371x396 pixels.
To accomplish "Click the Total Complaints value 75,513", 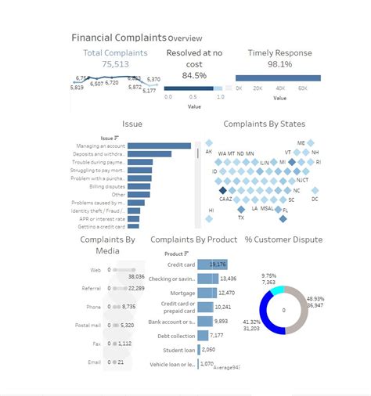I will [114, 65].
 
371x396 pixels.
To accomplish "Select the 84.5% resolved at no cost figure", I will [194, 75].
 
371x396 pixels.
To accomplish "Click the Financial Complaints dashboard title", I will [118, 38].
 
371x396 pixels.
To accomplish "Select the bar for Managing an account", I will [159, 146].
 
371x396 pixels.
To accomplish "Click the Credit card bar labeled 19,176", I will [213, 265].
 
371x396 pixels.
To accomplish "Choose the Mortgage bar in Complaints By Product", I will [207, 293].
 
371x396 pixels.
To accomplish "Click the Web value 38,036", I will [135, 276].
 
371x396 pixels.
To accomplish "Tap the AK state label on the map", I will [209, 151].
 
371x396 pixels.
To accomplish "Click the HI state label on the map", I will [211, 210].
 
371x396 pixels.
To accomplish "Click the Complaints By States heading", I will [264, 124].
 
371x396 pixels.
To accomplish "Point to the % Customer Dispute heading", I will [283, 239].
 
